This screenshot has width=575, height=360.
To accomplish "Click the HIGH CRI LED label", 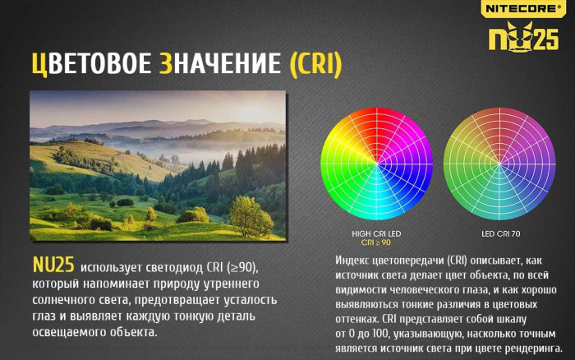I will (x=376, y=234).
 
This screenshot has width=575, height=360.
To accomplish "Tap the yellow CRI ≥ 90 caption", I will (x=376, y=243).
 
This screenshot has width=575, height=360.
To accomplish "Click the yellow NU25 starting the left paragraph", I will (x=53, y=265).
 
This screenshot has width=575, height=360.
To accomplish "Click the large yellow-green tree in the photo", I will (x=250, y=215).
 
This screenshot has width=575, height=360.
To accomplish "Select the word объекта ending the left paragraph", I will (x=131, y=332).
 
